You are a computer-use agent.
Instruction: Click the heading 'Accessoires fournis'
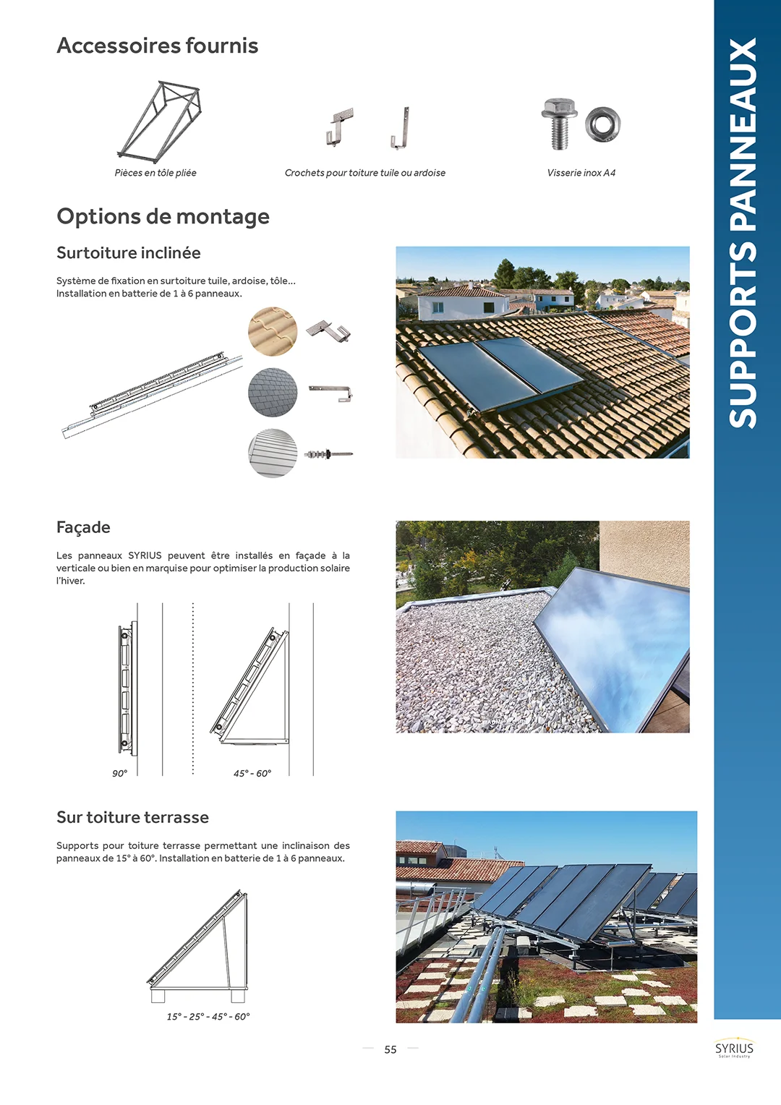click(x=158, y=46)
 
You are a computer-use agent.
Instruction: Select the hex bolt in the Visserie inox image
click(x=559, y=123)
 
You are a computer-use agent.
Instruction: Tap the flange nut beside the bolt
click(x=602, y=124)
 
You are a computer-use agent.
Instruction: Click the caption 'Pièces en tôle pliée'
click(x=155, y=173)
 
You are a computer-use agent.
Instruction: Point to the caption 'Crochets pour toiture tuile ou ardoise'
click(x=364, y=173)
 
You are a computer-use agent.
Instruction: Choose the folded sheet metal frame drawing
click(x=160, y=121)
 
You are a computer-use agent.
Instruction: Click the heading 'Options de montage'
click(x=163, y=216)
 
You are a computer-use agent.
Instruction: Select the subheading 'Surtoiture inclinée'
click(x=129, y=252)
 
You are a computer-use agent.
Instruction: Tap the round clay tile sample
click(x=273, y=331)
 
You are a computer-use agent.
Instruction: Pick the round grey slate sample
click(x=273, y=392)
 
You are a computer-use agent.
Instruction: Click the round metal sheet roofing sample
click(x=273, y=453)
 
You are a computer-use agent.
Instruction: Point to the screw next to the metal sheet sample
click(x=328, y=454)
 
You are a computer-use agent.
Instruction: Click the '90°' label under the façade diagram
click(x=119, y=773)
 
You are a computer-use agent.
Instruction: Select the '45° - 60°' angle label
click(x=252, y=773)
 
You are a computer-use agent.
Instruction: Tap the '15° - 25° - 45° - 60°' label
click(x=208, y=1016)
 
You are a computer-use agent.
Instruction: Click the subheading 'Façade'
click(x=83, y=527)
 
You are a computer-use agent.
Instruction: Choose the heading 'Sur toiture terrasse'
click(x=132, y=817)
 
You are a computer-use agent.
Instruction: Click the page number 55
click(x=390, y=1049)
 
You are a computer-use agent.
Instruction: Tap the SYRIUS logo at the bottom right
click(x=734, y=1049)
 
